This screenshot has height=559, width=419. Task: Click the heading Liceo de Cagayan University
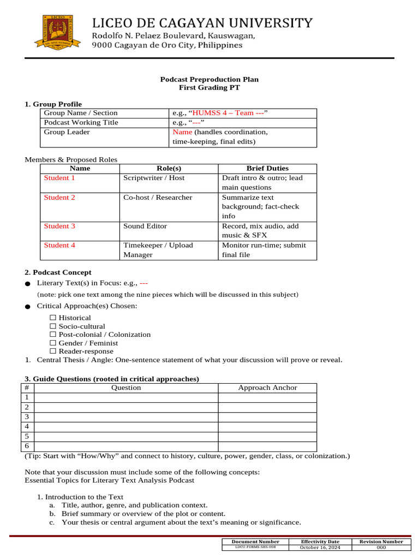point(202,23)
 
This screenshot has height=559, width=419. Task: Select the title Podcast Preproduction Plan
point(209,79)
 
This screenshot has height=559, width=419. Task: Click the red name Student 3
point(59,226)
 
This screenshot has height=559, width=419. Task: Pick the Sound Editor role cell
point(145,226)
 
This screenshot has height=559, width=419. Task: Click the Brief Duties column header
point(267,168)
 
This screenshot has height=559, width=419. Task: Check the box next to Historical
point(53,318)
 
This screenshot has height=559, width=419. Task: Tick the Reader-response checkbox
point(53,352)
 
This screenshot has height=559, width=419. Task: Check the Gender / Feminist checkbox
point(53,343)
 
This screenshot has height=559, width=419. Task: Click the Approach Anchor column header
point(267,388)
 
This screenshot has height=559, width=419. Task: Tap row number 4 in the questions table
point(27,426)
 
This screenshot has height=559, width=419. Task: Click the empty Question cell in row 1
point(126,397)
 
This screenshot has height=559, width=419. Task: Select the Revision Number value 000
point(381,548)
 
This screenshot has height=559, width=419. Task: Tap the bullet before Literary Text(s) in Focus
point(28,284)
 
